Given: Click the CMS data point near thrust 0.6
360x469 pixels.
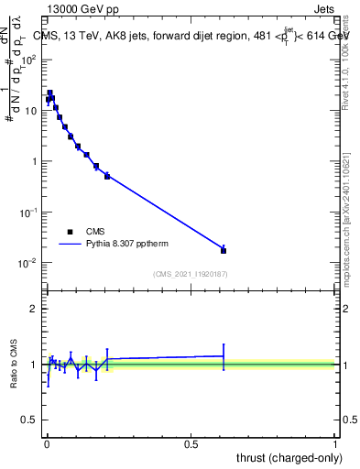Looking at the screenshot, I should [x=224, y=250].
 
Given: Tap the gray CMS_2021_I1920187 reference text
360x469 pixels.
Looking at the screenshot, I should [x=191, y=274].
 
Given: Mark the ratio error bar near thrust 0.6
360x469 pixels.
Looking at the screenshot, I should [x=224, y=355].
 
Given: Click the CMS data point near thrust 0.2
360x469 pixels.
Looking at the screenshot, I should [x=107, y=176].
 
